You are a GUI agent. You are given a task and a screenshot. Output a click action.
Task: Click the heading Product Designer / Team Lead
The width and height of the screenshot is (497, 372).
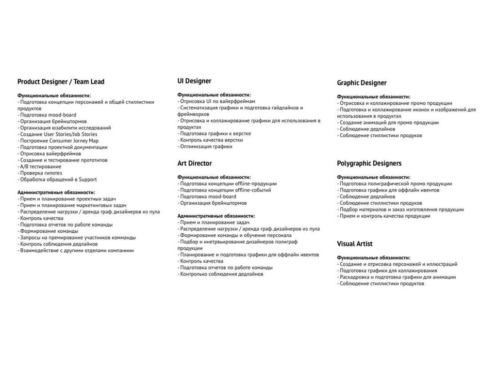coord(61,81)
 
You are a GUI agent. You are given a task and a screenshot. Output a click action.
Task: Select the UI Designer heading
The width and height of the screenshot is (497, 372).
coord(194,81)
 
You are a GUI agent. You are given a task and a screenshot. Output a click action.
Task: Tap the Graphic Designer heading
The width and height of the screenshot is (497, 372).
coord(362,83)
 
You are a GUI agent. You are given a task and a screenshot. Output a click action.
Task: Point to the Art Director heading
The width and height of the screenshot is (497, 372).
coord(194,163)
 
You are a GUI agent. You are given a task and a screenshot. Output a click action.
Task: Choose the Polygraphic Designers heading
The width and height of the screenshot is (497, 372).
coord(369,163)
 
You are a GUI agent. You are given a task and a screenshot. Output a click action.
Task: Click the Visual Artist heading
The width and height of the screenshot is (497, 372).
coord(355,243)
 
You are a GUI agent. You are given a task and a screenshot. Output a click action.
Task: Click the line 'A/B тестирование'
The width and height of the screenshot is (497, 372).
coord(39,166)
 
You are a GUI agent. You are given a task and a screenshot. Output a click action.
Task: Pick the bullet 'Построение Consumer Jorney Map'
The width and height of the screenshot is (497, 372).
coord(58,141)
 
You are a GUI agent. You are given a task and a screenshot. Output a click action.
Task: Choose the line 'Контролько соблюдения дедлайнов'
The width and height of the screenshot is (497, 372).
coord(220,274)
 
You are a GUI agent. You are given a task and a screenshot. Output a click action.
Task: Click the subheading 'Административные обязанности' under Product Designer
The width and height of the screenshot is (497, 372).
coord(56,192)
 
